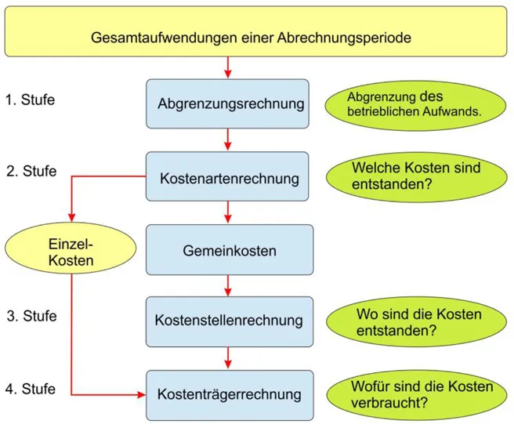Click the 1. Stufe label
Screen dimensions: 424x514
point(31,100)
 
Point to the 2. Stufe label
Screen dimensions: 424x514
point(31,171)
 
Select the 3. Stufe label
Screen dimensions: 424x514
point(31,317)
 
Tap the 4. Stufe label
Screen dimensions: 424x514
point(31,389)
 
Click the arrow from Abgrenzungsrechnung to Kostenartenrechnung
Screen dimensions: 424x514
point(228,140)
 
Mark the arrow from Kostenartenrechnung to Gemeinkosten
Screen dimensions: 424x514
point(228,212)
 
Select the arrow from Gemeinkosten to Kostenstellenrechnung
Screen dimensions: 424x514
point(228,286)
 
